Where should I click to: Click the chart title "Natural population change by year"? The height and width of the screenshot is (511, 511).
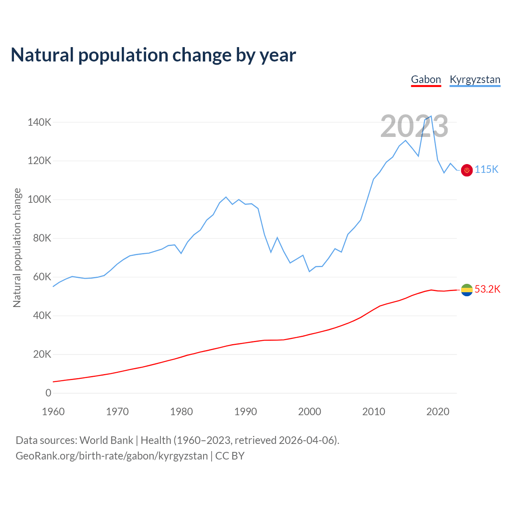[153, 55]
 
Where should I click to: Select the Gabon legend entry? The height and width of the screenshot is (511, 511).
[426, 79]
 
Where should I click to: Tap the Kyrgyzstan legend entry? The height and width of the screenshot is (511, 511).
[475, 79]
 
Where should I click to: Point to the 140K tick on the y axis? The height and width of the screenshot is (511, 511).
[40, 122]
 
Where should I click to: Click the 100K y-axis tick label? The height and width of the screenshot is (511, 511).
[40, 200]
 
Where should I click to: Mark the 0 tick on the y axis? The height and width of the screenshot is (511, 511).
[48, 393]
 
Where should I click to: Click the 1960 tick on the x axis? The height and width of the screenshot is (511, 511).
[53, 412]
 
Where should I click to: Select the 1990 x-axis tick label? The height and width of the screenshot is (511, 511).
[246, 412]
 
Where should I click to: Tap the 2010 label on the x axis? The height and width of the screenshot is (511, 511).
[374, 412]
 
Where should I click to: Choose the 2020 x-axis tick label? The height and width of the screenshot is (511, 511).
[438, 412]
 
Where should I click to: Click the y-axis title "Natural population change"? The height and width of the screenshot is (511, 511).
[17, 248]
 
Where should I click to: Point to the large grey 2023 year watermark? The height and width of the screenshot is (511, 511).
[414, 126]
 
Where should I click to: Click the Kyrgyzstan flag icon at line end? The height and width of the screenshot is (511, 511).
[467, 170]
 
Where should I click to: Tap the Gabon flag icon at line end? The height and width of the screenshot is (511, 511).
[467, 290]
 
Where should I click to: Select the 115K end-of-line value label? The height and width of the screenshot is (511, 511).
[487, 170]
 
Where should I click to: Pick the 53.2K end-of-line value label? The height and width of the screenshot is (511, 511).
[487, 289]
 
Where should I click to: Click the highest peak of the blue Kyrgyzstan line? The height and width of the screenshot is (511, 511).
[431, 116]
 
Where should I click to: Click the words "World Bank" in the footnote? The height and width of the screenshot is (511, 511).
[106, 440]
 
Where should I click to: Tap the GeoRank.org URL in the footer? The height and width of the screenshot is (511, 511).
[112, 456]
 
